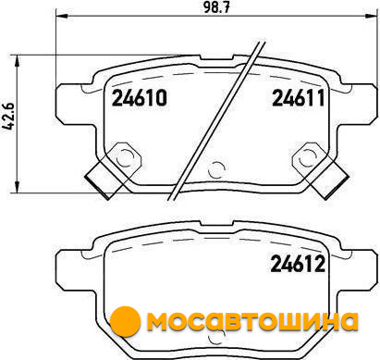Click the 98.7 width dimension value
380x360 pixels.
(x=216, y=7)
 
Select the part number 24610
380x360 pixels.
(x=140, y=98)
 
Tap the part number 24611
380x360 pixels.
(x=299, y=98)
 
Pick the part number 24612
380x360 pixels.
(x=298, y=265)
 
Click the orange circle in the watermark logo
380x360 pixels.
(x=125, y=321)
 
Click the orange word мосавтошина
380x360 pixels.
(x=252, y=321)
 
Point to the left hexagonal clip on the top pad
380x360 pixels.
(x=124, y=157)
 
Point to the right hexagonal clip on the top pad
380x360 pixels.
(x=309, y=157)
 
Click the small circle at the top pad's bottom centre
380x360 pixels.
(x=216, y=169)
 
